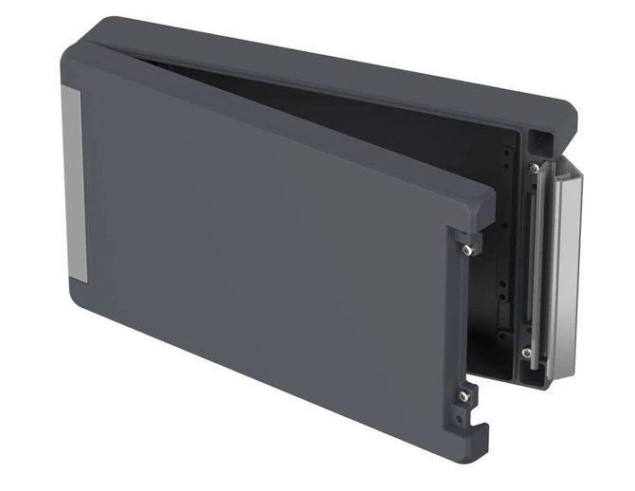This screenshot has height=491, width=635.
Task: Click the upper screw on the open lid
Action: (x=467, y=249)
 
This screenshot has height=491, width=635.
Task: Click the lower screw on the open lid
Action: (x=463, y=396)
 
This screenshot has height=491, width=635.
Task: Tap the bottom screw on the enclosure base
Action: (x=527, y=352)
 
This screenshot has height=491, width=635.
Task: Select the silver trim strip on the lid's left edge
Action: (x=75, y=185)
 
